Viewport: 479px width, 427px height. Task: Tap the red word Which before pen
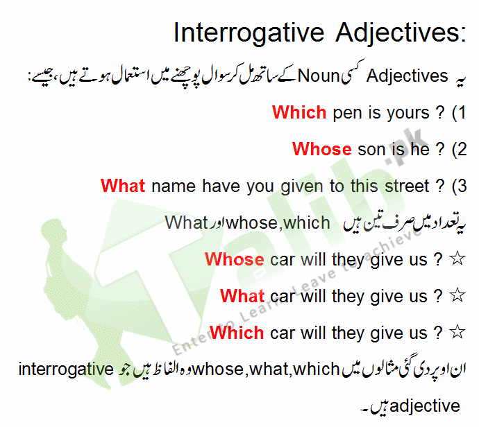(x=299, y=112)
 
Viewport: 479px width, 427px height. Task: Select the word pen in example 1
(x=348, y=113)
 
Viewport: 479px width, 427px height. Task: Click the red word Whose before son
(x=321, y=148)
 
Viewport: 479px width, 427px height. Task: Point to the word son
(x=372, y=149)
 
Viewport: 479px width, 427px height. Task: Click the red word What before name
(x=123, y=186)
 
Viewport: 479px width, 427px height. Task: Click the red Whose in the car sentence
(x=235, y=260)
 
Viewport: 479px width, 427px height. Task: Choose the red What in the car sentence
(x=242, y=297)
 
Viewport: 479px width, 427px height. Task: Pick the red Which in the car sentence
(x=237, y=333)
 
